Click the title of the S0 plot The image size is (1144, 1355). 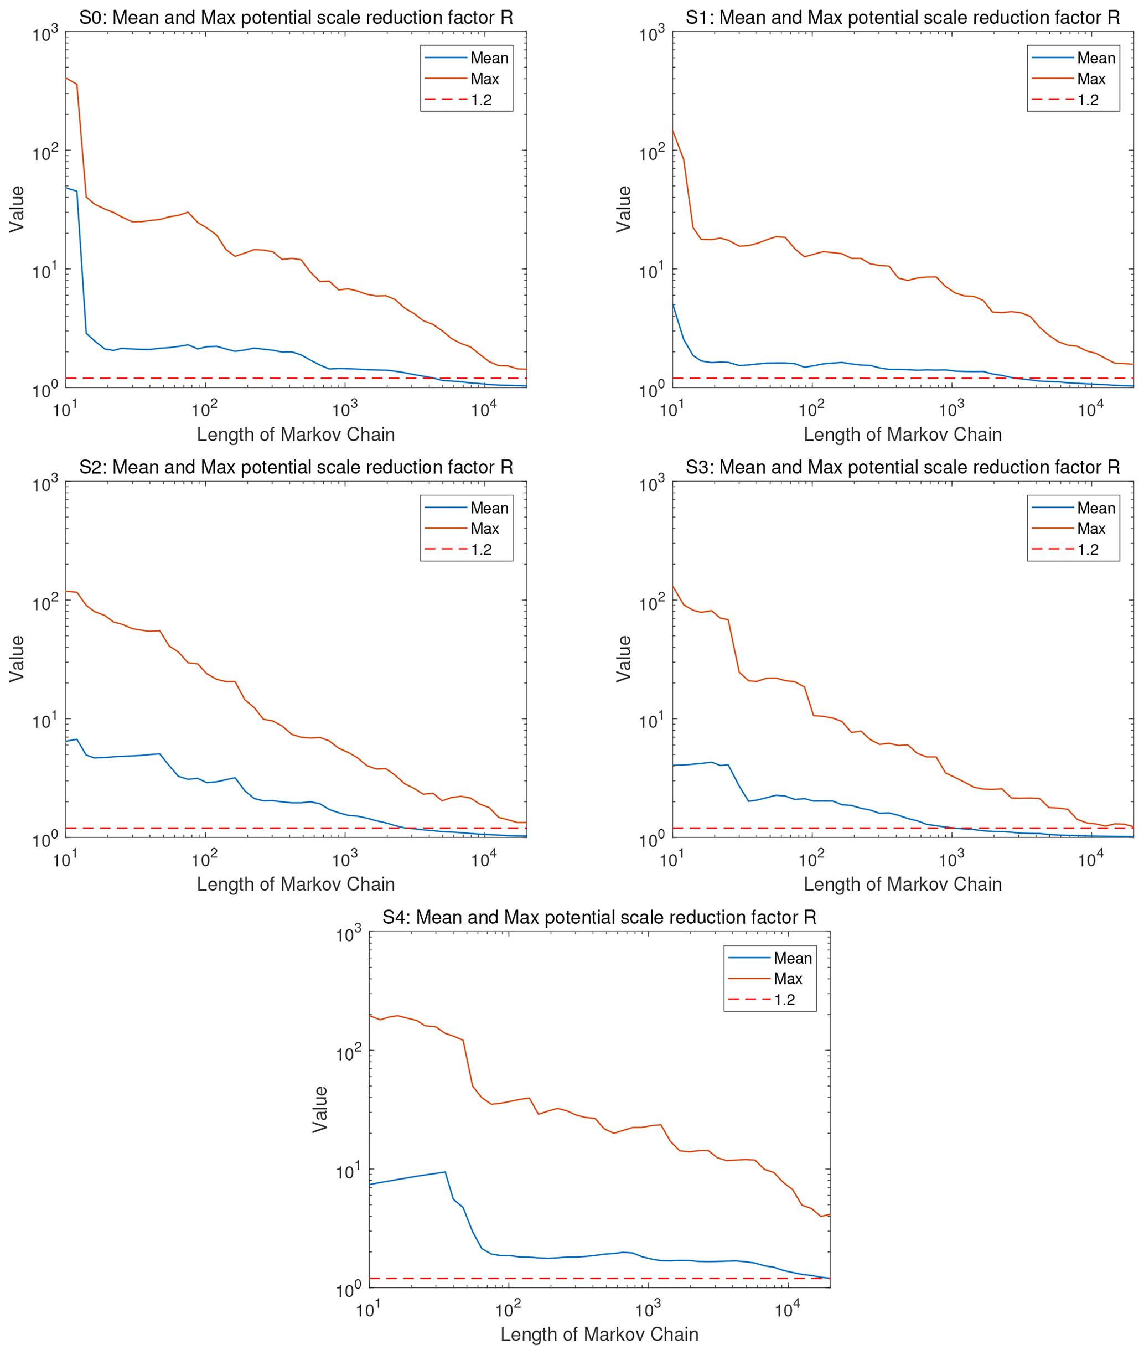(296, 18)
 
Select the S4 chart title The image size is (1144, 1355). (599, 917)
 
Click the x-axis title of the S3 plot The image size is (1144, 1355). (902, 884)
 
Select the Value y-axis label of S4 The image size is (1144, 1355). (320, 1109)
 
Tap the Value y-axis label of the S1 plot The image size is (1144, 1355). (623, 209)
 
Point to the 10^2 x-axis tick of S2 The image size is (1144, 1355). (204, 860)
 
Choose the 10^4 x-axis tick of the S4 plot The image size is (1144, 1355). (788, 1310)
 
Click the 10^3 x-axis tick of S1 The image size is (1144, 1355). (951, 410)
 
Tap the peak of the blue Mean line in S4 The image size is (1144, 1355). (444, 1171)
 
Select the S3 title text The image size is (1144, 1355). (902, 467)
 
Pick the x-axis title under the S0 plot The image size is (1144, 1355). (296, 434)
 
